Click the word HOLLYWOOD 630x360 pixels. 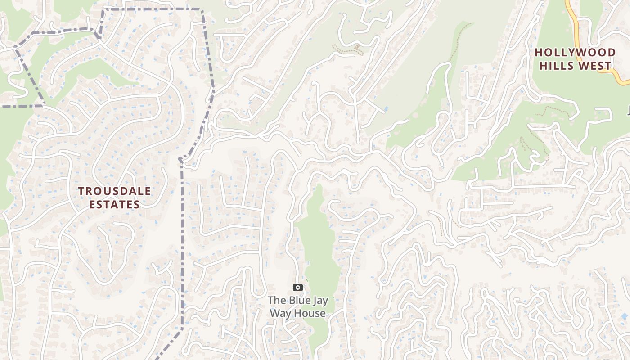point(575,53)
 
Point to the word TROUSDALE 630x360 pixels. point(115,191)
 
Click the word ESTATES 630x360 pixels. point(114,204)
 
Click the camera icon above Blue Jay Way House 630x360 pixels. point(297,287)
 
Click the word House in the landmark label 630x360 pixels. point(311,313)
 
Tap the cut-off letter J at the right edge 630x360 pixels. point(628,109)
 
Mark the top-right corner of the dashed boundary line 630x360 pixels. point(202,9)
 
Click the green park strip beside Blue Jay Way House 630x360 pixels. point(320,252)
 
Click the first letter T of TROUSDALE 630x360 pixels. point(81,191)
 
